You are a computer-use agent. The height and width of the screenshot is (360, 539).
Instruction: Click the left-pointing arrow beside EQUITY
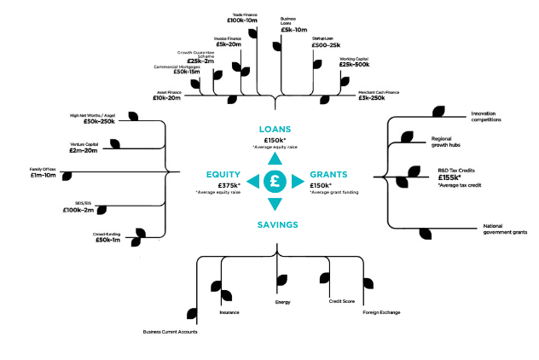pos(252,180)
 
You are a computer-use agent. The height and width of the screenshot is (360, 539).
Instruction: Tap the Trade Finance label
pos(245,15)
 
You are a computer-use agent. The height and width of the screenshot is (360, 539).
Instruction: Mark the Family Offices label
pos(43,170)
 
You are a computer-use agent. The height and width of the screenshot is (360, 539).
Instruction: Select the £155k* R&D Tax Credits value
pos(450,177)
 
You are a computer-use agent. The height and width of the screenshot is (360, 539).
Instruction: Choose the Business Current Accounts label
pos(170,331)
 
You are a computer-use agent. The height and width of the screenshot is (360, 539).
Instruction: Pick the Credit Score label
pos(341,301)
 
